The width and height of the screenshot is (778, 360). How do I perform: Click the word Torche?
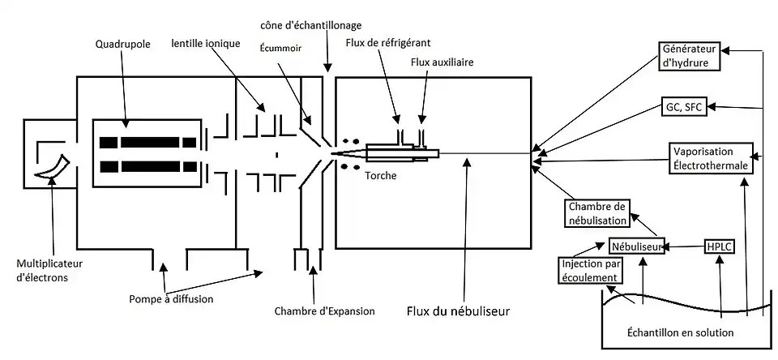point(380,174)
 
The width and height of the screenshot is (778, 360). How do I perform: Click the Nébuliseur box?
point(637,245)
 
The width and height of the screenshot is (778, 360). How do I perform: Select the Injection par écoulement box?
point(591,271)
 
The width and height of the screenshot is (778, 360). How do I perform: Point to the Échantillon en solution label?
point(681,332)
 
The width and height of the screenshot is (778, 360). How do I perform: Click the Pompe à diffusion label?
point(170,298)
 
